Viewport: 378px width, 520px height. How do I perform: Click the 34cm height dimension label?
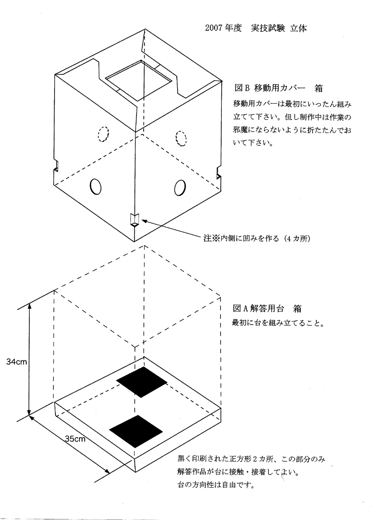17,362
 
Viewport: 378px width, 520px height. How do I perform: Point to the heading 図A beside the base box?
241,309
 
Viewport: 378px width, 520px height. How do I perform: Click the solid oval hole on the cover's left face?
95,186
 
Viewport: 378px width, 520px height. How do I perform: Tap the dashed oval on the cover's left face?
103,134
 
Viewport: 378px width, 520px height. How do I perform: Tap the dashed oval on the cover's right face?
181,139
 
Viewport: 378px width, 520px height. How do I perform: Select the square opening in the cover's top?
139,81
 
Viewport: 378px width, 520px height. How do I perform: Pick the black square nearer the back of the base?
142,382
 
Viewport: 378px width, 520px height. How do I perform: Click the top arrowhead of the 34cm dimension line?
29,307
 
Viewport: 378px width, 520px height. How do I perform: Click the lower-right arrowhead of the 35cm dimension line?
107,471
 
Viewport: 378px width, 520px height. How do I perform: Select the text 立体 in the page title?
299,28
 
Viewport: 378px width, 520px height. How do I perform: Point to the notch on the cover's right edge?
218,173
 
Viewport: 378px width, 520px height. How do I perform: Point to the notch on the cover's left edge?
56,165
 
